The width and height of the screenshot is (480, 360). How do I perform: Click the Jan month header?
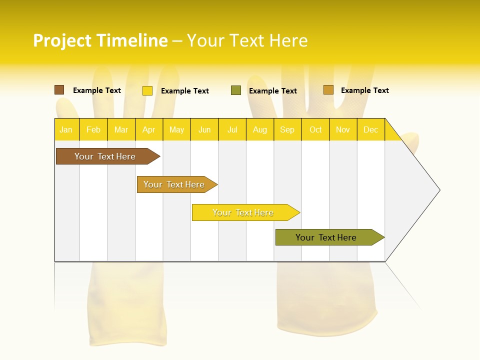pyautogui.click(x=66, y=129)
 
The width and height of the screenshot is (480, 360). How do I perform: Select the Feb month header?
pyautogui.click(x=93, y=129)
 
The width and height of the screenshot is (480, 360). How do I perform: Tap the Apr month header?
pyautogui.click(x=149, y=129)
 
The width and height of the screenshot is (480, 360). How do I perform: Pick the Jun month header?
pyautogui.click(x=204, y=129)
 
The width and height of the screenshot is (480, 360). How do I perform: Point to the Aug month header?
pyautogui.click(x=260, y=129)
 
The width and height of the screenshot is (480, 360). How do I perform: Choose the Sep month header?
pyautogui.click(x=287, y=129)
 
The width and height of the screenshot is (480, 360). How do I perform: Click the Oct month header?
pyautogui.click(x=315, y=129)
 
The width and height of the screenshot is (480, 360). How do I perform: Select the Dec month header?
pyautogui.click(x=371, y=129)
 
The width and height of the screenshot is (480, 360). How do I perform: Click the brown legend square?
pyautogui.click(x=59, y=90)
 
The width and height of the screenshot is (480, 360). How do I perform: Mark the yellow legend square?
pyautogui.click(x=147, y=90)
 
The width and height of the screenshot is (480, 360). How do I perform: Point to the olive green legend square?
pyautogui.click(x=236, y=90)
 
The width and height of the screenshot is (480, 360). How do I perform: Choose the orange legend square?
pyautogui.click(x=328, y=90)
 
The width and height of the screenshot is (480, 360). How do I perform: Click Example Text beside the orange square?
pyautogui.click(x=364, y=90)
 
